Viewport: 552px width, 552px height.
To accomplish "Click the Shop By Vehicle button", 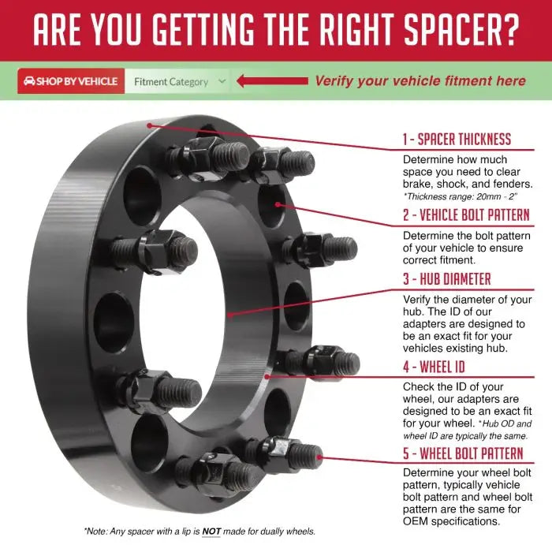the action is (71, 81).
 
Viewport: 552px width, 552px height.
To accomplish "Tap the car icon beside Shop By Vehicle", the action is (29, 81).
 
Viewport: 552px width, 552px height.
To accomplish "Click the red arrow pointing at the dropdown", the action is (273, 81).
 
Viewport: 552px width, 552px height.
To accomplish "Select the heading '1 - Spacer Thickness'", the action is (457, 139).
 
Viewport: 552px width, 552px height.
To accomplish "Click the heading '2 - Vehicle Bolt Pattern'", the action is (466, 214).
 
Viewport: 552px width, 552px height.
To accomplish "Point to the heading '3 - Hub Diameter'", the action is (447, 279).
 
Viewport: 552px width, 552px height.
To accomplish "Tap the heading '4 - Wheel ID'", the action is (434, 367).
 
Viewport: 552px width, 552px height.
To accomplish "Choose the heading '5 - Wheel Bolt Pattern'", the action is (463, 453).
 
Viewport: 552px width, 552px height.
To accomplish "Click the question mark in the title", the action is (509, 30).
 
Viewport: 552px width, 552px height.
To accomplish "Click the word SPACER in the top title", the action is (449, 30).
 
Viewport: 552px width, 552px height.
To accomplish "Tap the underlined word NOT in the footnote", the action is (211, 531).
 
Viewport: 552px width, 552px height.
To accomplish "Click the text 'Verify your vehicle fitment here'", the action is (420, 81).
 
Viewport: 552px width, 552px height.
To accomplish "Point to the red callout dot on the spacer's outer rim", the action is (150, 125).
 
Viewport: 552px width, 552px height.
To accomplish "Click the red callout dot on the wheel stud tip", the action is (319, 457).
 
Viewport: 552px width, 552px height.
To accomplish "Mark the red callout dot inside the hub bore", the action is (230, 315).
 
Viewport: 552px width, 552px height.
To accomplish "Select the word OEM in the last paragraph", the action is (416, 521).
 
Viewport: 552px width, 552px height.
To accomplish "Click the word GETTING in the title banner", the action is (203, 30).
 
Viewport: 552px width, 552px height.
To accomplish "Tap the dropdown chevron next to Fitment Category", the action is (222, 81).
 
